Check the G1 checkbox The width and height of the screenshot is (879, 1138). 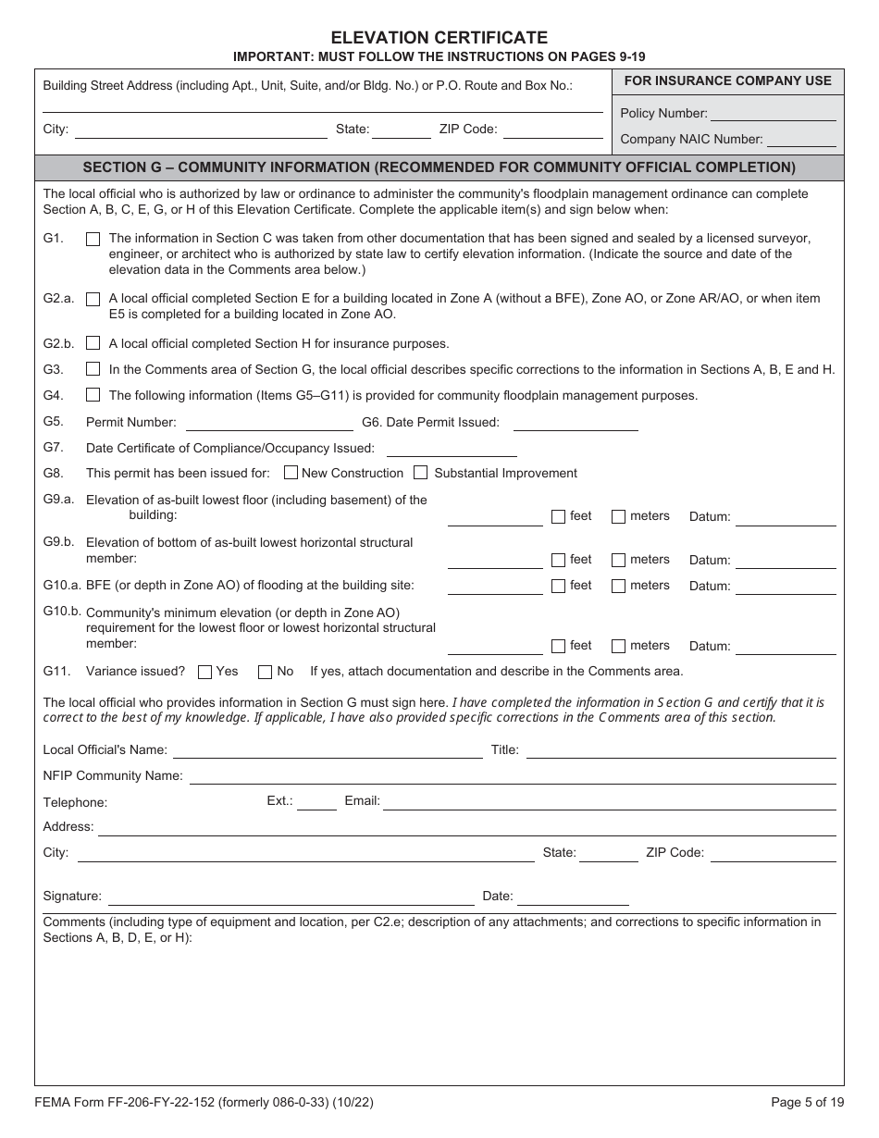click(93, 239)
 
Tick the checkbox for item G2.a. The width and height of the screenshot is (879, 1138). click(93, 299)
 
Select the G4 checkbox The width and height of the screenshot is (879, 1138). click(93, 395)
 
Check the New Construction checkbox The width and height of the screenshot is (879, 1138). click(291, 473)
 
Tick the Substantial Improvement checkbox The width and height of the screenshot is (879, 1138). click(420, 473)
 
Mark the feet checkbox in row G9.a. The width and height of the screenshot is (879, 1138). click(558, 516)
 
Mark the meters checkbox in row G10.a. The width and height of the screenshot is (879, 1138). click(618, 586)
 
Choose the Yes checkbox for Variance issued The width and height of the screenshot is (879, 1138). click(205, 672)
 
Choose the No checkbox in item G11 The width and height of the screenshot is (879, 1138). click(265, 672)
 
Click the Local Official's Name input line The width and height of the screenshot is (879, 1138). click(328, 751)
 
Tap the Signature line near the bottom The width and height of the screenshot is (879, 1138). click(291, 898)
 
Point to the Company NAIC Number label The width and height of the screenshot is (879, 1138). click(690, 140)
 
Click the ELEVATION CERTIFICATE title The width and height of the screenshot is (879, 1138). click(439, 38)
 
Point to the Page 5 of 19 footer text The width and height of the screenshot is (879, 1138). click(806, 1102)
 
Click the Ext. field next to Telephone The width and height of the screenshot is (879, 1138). click(316, 803)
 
